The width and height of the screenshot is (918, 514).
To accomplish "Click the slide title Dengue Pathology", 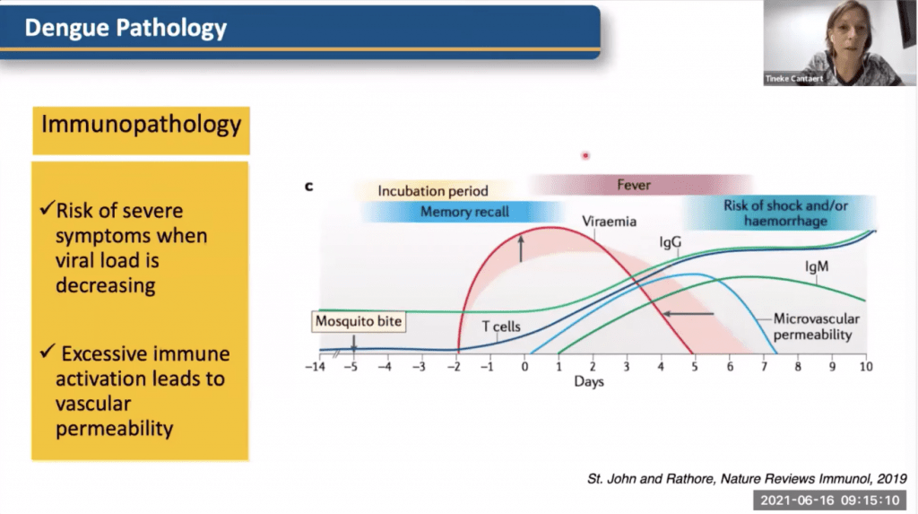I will tap(126, 28).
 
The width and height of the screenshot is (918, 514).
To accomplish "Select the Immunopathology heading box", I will tap(141, 125).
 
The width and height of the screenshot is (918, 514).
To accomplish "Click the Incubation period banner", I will tap(433, 190).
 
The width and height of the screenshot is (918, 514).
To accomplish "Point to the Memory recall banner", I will tap(464, 213).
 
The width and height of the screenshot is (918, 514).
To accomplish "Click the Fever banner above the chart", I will tap(633, 185).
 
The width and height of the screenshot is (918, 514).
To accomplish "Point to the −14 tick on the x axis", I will tap(314, 367).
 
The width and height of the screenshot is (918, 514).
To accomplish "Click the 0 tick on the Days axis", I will tap(525, 367).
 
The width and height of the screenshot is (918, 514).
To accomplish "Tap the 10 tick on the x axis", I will tap(866, 367).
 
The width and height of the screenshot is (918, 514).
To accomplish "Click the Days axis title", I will tap(589, 382).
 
